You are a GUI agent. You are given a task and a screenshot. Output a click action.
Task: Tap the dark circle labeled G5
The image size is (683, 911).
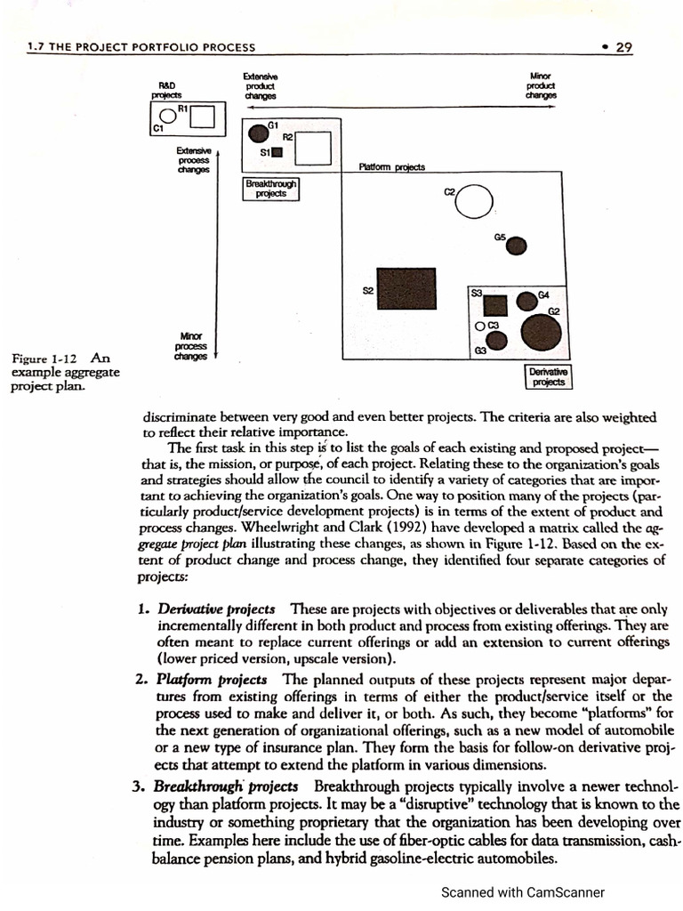click(x=517, y=246)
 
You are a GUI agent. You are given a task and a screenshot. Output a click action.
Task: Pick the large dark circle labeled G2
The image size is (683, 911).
click(x=541, y=334)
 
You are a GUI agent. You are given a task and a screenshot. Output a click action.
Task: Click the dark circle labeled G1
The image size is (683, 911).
click(x=258, y=134)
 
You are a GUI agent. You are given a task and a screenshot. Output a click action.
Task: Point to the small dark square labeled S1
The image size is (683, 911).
click(x=277, y=153)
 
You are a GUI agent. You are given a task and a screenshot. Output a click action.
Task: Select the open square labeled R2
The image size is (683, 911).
click(x=313, y=148)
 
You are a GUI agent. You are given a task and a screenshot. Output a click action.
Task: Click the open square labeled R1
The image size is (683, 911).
click(x=203, y=116)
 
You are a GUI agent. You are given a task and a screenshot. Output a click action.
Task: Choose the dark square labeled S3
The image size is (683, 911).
click(x=495, y=305)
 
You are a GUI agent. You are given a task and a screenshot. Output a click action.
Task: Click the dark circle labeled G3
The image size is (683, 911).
click(x=499, y=339)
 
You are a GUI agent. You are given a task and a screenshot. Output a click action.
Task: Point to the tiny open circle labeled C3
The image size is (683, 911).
click(x=480, y=327)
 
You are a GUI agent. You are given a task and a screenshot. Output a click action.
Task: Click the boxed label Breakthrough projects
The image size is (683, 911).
click(x=272, y=188)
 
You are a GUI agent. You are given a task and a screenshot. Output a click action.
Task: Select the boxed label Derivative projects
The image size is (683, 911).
click(x=549, y=376)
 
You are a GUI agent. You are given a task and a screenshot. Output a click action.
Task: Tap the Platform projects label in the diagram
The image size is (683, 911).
click(x=391, y=167)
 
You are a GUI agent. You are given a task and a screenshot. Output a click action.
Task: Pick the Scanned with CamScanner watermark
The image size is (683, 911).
click(x=523, y=891)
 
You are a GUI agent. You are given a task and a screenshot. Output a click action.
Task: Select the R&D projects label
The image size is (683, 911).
click(x=165, y=88)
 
